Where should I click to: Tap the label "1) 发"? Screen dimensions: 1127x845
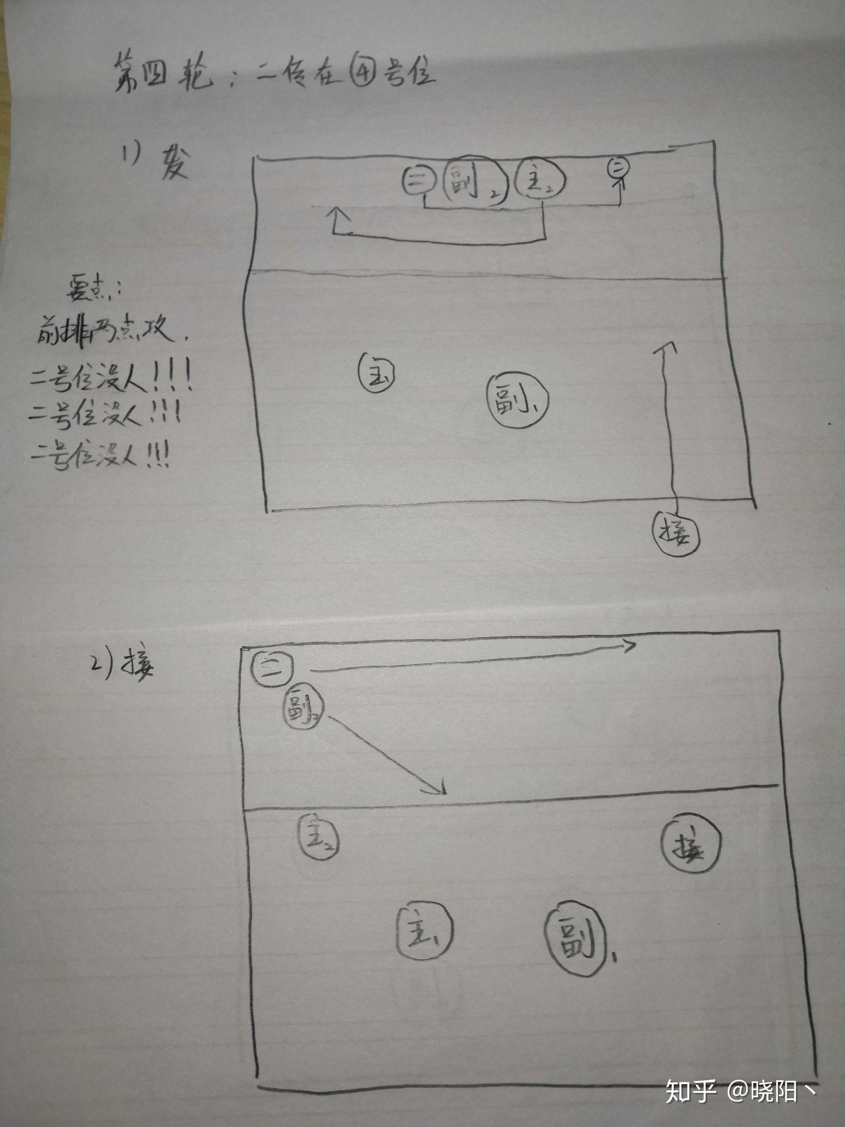click(x=156, y=161)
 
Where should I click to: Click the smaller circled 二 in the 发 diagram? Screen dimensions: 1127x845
click(x=617, y=168)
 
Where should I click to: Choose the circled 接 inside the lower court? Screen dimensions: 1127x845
click(x=690, y=843)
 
